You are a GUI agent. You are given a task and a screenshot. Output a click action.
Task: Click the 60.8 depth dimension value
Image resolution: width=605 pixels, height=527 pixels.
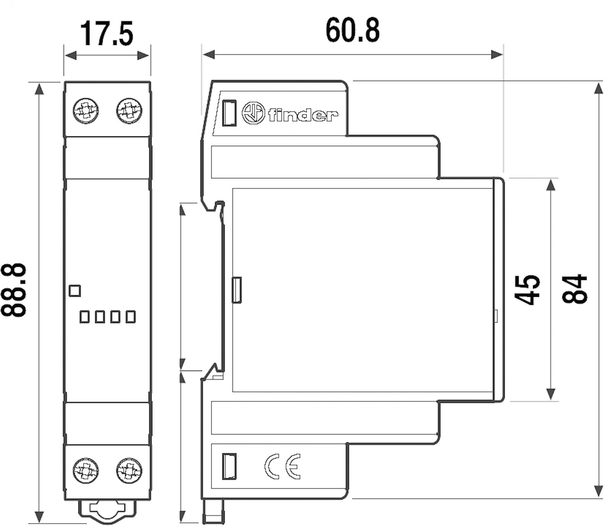[352, 30]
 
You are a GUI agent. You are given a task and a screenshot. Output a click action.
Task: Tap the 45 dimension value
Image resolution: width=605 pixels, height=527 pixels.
[527, 290]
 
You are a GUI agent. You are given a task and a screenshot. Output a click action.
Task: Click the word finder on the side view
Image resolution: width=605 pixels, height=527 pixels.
[303, 115]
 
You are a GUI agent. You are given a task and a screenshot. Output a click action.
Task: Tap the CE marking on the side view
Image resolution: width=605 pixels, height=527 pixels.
[282, 467]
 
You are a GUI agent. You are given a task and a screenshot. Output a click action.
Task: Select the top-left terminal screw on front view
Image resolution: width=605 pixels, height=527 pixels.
[86, 111]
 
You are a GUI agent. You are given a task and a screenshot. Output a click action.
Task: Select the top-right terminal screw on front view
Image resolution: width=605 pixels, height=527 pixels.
[129, 111]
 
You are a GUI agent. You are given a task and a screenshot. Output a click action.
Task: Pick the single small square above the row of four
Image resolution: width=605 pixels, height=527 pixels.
[75, 291]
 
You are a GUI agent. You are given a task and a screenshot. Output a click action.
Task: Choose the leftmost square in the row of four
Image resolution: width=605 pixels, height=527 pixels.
[85, 317]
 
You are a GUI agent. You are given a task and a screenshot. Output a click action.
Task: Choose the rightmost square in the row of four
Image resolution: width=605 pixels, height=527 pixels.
[131, 317]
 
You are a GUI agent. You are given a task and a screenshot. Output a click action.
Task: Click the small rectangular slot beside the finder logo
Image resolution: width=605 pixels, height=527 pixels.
[229, 113]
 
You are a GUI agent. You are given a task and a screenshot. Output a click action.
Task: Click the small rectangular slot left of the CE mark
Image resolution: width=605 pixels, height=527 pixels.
[229, 467]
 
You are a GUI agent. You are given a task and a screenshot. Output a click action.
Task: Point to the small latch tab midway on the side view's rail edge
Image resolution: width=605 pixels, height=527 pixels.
[236, 290]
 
